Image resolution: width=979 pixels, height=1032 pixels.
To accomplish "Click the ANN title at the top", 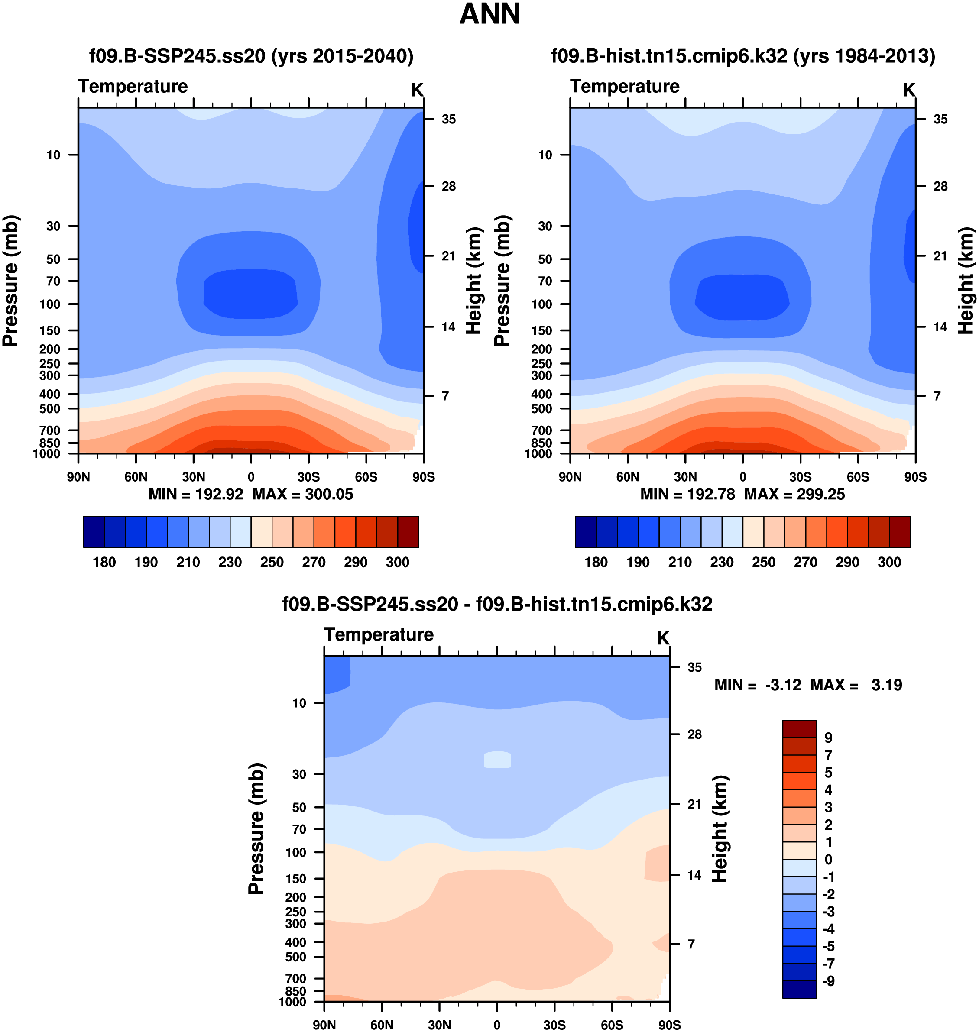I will tap(489, 14).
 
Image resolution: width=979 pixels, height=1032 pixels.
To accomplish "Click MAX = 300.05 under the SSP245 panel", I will tap(303, 494).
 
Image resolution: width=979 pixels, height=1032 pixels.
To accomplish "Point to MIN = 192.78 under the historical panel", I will tap(687, 494).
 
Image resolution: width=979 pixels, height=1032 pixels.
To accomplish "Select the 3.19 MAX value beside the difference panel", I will tap(887, 685).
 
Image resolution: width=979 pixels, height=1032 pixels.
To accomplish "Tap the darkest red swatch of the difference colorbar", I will tap(799, 728).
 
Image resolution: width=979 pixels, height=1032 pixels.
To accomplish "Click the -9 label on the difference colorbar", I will tap(828, 981).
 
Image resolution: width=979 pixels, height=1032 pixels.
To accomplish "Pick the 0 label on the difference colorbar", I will tap(828, 859).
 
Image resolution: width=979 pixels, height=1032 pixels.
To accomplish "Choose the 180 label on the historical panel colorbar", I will tap(596, 562).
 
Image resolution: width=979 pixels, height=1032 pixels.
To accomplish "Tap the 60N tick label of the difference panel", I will tap(382, 1025).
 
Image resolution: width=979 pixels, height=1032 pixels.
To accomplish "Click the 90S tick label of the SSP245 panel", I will tap(423, 477).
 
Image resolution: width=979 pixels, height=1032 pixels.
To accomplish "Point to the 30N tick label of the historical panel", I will tap(685, 477).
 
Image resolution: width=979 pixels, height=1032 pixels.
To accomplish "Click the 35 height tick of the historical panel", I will tap(940, 120).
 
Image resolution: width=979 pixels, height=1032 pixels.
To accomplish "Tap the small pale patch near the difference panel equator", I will tap(497, 760).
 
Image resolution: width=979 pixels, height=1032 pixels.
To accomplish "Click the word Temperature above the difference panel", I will tap(379, 634).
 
